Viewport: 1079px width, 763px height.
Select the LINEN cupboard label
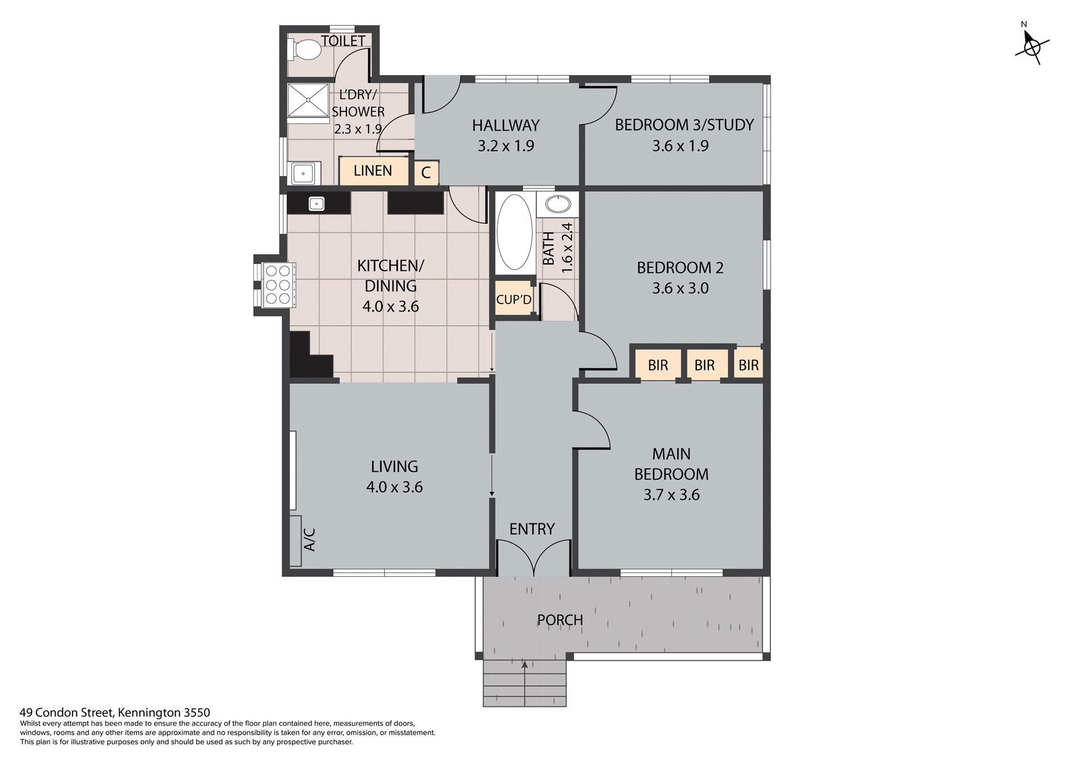click(x=373, y=171)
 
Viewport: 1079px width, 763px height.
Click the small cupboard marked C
click(x=426, y=173)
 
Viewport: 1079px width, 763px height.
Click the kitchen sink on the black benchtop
click(x=316, y=204)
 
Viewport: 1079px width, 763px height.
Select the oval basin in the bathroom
click(x=558, y=205)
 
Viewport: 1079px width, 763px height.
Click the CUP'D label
click(x=514, y=300)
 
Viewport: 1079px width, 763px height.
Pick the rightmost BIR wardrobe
click(x=748, y=365)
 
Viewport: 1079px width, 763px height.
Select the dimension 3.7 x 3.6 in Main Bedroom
click(x=671, y=495)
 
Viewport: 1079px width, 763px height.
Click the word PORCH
click(x=560, y=620)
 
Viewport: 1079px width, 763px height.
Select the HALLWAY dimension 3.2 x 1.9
click(x=506, y=146)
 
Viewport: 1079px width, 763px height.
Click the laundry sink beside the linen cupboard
click(x=303, y=173)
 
